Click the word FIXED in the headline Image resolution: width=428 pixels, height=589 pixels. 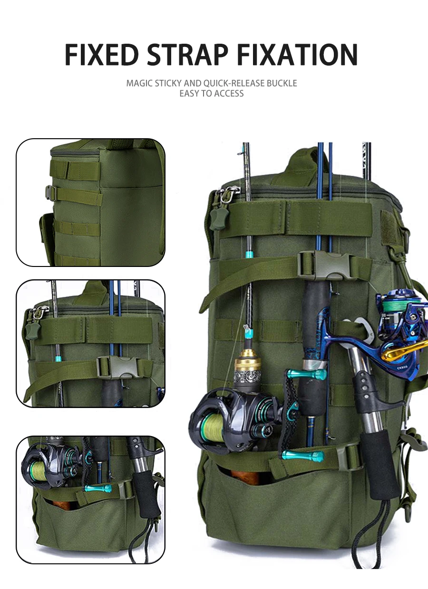click(102, 55)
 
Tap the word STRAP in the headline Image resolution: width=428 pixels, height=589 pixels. click(187, 55)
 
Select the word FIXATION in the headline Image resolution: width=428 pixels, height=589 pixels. click(297, 55)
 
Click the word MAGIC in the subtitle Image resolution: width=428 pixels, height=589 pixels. click(139, 83)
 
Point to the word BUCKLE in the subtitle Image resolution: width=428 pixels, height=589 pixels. click(282, 83)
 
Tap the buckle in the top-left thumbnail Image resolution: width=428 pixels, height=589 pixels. click(49, 193)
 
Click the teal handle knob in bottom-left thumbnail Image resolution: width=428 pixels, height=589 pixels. click(98, 489)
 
